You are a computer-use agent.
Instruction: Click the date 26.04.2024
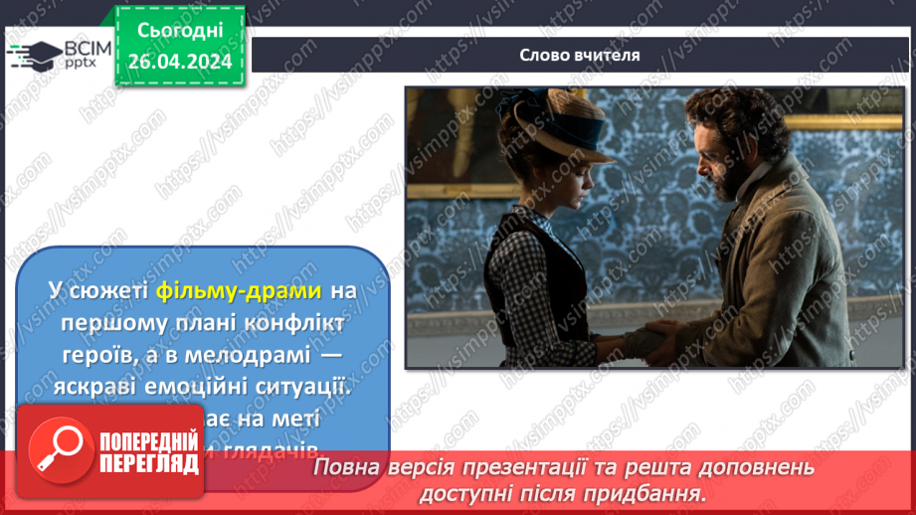pos(179,61)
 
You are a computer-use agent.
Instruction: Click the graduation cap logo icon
pos(33,56)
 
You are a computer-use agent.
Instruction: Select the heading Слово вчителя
pos(580,55)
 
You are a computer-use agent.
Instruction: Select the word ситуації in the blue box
pos(307,387)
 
